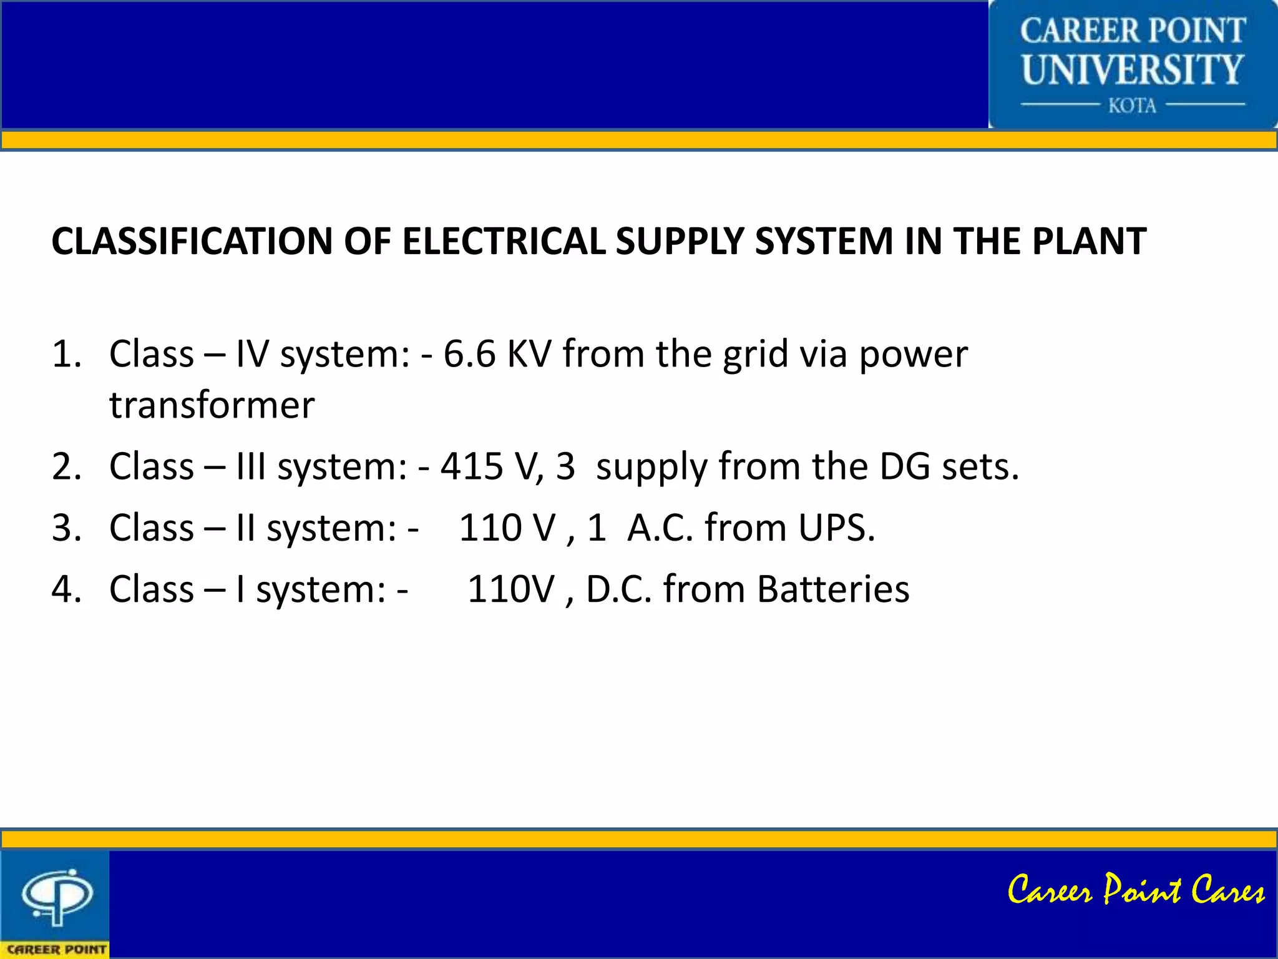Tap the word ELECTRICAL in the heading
tap(504, 241)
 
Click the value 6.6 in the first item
tap(469, 354)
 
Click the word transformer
tap(212, 405)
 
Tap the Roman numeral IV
tap(252, 354)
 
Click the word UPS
tap(836, 528)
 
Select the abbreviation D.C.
tap(618, 589)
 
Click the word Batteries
tap(833, 589)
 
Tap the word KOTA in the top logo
tap(1132, 106)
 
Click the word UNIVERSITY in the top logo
tap(1133, 69)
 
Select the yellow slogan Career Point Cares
tap(1136, 890)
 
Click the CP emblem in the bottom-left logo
tap(57, 895)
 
